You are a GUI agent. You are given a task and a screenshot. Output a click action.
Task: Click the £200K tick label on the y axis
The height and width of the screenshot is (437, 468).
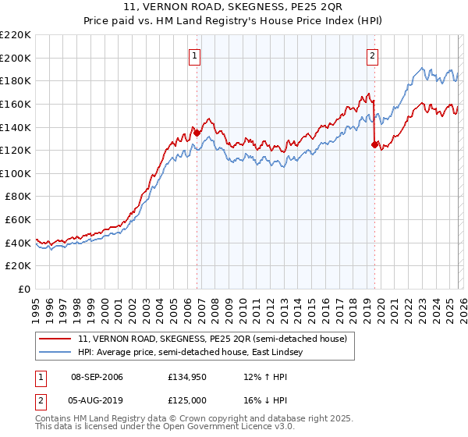tap(16, 58)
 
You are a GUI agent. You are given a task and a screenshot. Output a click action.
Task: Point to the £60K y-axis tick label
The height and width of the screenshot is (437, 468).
tap(18, 220)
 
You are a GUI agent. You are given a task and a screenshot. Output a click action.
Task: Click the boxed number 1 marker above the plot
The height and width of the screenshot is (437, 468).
tap(193, 55)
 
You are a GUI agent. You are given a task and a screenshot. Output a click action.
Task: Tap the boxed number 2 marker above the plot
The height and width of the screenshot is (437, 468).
tap(373, 55)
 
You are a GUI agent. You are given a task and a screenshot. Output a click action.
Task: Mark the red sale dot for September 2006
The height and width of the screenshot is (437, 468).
tap(197, 133)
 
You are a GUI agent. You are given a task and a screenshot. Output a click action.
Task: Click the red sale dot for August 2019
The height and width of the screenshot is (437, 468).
tap(375, 144)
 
